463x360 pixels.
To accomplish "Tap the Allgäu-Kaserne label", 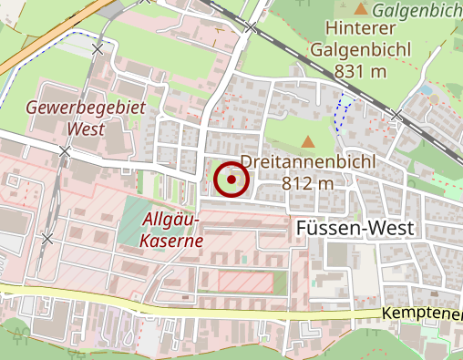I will pos(172,230).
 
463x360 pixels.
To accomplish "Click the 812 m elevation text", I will pos(310,183).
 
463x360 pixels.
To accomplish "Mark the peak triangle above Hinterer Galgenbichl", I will pos(362,9).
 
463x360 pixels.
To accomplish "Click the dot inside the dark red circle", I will pos(231,180).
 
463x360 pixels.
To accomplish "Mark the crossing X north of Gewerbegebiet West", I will pos(98,48).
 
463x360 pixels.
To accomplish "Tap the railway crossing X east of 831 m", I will pos(396,116).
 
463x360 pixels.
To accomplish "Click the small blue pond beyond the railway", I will pos(425,90).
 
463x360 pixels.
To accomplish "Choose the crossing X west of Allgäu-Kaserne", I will pos(46,238).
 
